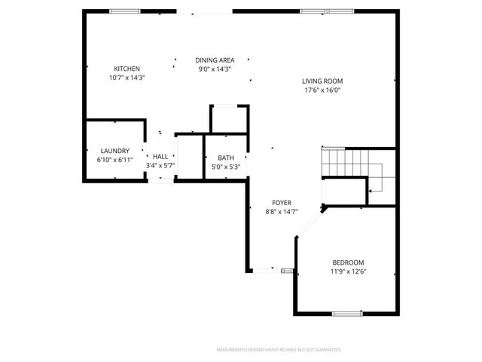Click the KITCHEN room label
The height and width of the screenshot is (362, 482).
pos(127,69)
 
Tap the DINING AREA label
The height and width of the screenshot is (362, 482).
pos(215,60)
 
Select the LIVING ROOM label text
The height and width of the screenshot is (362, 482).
pos(322,81)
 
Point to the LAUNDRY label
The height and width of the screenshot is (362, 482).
pos(114,151)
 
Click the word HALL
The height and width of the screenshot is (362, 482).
pos(160,156)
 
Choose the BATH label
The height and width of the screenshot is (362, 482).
pos(226,158)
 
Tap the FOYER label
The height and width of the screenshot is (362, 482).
pos(282,203)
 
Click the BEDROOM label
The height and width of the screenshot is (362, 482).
pos(347,262)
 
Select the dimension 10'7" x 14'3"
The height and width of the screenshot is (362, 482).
pos(127,77)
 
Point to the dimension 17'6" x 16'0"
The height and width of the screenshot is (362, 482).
pos(322,90)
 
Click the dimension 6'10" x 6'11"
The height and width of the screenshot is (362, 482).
pos(114,160)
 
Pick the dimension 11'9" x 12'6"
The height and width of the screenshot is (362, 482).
pos(348,271)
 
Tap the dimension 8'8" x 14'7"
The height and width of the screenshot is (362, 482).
pos(282,212)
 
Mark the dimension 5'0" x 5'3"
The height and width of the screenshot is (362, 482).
pos(226,167)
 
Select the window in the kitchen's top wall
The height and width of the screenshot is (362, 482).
pos(125,11)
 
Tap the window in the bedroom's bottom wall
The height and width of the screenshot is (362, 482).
pos(347,313)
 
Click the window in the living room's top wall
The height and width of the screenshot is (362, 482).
pos(315,11)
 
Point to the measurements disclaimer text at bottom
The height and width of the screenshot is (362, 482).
pos(279,350)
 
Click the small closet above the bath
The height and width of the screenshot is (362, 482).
pos(229,118)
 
